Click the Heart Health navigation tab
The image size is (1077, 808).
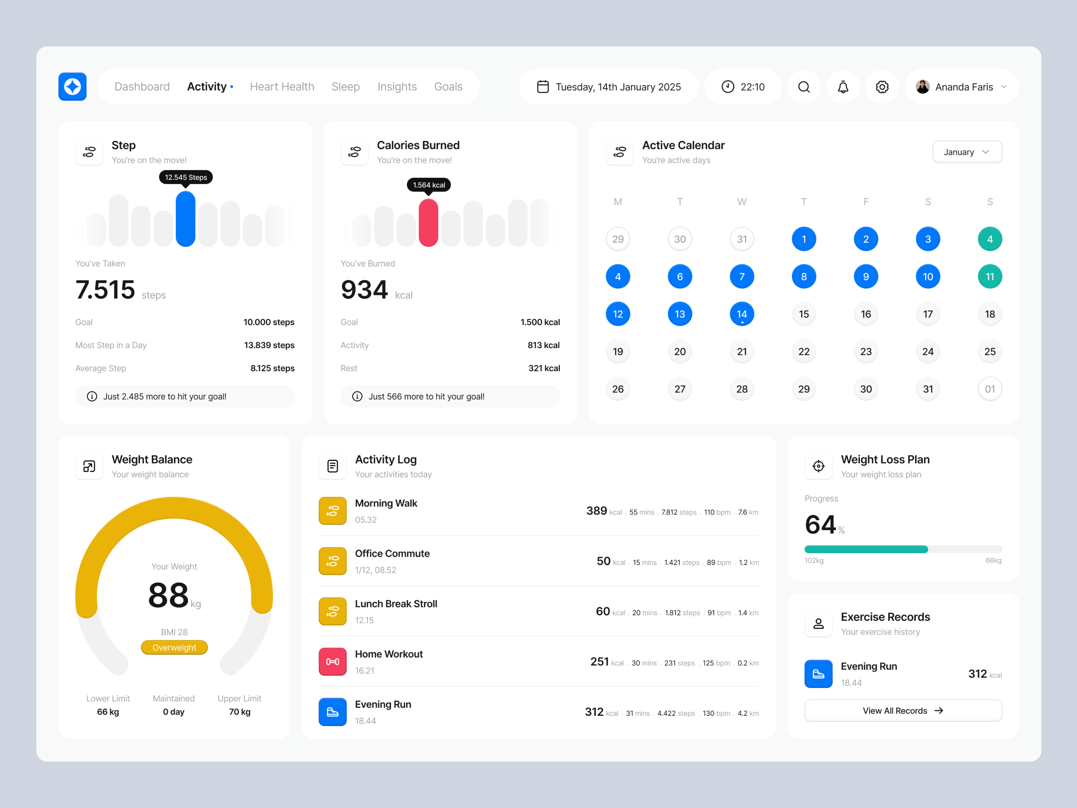(282, 87)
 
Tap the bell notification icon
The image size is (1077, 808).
(843, 87)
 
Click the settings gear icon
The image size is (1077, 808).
(882, 87)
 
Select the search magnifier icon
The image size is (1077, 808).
(804, 87)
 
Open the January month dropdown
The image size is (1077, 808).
(967, 152)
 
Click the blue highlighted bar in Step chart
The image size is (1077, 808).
(185, 219)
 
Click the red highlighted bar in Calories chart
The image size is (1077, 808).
(428, 223)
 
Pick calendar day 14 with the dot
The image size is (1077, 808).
(741, 314)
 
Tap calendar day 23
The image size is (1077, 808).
(866, 351)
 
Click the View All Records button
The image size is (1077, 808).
(903, 711)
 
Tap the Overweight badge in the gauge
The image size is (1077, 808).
(174, 647)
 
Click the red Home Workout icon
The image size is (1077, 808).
(333, 662)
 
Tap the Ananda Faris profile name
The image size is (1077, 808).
(964, 87)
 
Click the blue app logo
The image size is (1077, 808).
(73, 87)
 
